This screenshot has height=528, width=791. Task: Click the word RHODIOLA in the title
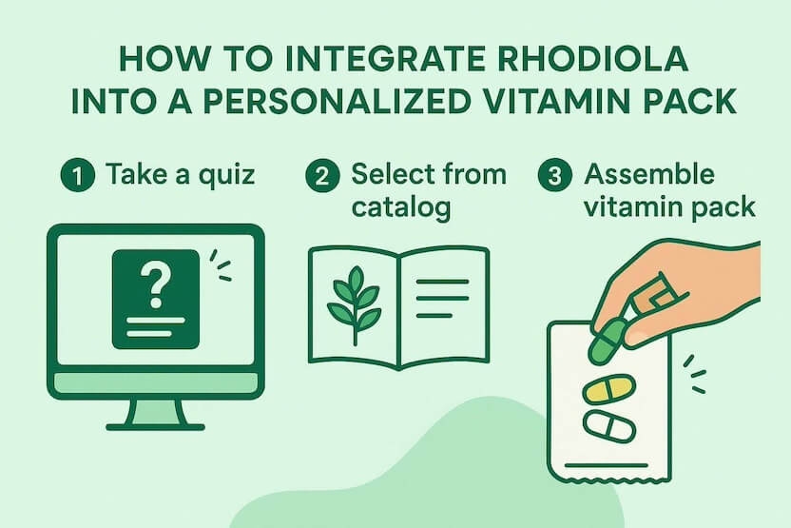592,59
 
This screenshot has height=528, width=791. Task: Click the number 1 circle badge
78,175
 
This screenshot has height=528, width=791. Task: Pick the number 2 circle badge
323,175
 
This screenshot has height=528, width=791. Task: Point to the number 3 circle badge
555,175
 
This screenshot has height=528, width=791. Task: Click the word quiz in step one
226,176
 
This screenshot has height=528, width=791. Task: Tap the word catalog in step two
401,208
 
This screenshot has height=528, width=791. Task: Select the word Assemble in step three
649,174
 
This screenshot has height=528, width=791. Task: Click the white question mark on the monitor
155,285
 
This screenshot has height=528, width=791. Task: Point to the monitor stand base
155,427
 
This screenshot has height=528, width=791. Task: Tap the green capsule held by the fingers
608,341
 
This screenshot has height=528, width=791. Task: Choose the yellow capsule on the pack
608,389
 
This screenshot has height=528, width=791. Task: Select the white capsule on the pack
608,426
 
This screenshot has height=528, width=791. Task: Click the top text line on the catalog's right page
442,282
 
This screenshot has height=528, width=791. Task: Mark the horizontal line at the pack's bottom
606,465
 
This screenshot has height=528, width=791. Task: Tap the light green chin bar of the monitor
155,384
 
